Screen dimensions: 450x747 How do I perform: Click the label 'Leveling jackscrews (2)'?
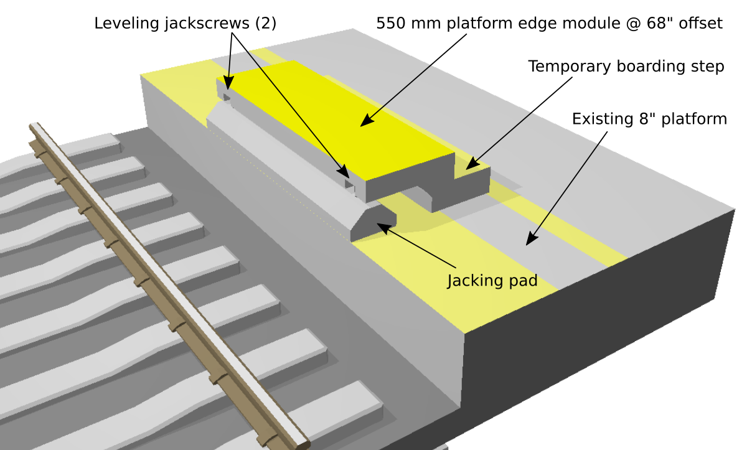[185, 24]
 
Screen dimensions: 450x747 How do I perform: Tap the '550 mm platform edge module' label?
[549, 24]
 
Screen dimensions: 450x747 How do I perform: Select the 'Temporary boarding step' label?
[626, 67]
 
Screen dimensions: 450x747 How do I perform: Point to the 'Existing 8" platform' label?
[649, 118]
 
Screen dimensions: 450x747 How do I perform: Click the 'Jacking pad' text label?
[492, 281]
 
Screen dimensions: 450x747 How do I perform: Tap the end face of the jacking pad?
[374, 225]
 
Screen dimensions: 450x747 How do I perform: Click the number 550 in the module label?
[390, 24]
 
